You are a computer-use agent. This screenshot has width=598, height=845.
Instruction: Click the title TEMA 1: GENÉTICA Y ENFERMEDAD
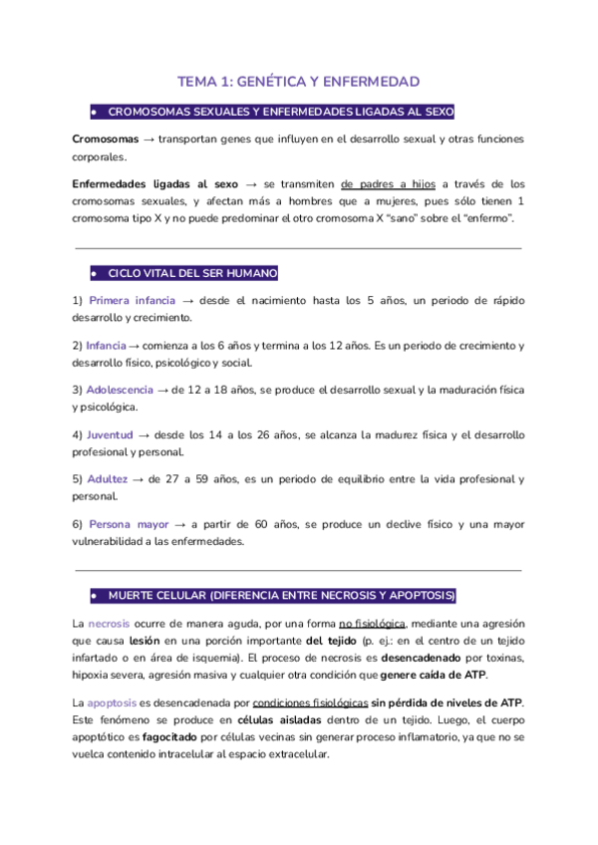(x=298, y=81)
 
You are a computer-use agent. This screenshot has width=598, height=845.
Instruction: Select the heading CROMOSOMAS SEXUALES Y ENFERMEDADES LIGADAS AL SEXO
(x=280, y=113)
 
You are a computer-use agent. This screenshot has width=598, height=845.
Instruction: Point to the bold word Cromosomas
(x=106, y=139)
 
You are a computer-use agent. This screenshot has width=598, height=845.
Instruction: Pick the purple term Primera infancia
(x=132, y=300)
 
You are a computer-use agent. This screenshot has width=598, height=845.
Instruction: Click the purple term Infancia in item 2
(x=107, y=345)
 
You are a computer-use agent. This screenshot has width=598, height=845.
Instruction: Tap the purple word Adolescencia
(x=120, y=390)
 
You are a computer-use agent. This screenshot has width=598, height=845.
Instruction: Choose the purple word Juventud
(x=110, y=434)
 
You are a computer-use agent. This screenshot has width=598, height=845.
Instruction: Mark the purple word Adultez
(x=108, y=479)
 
